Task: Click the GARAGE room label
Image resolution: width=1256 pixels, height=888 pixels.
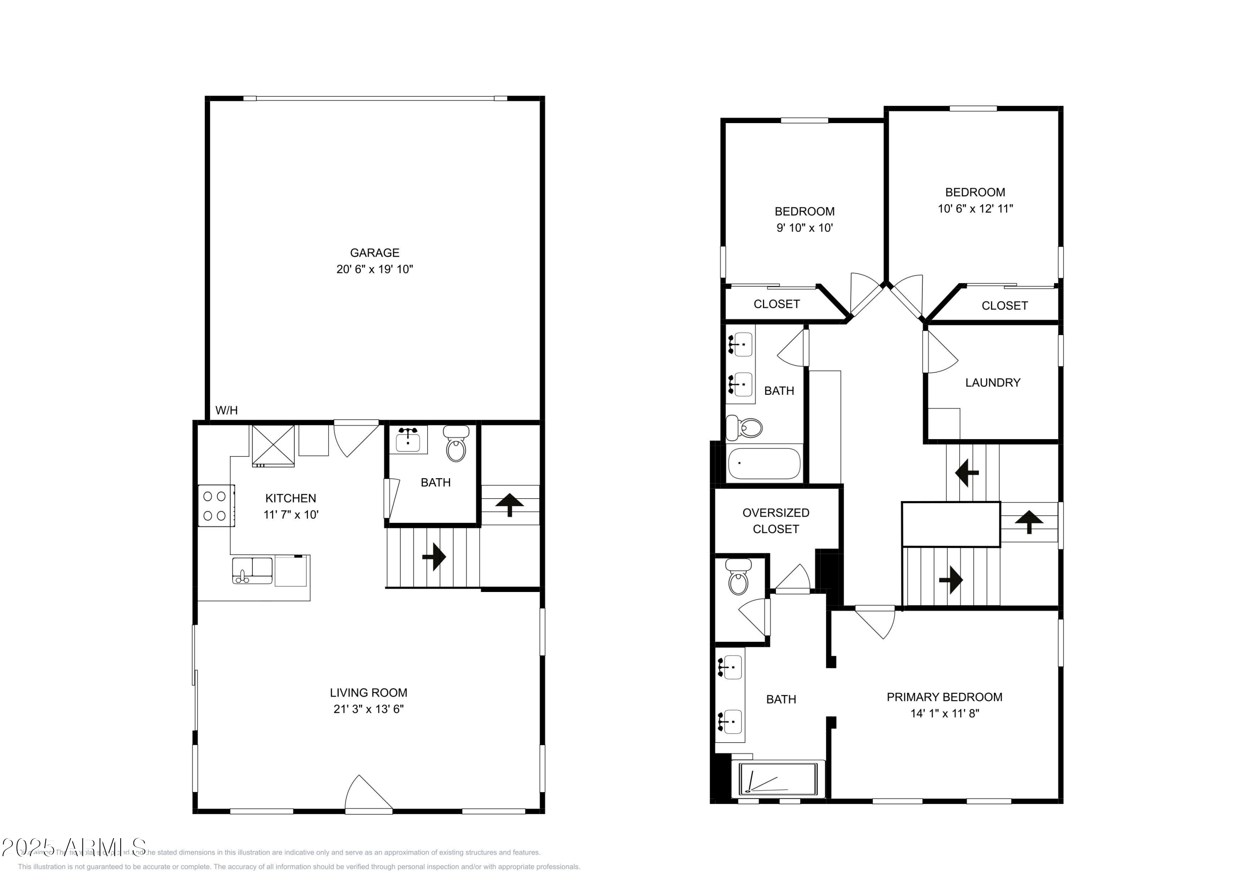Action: [374, 253]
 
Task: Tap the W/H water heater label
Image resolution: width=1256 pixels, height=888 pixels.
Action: [226, 410]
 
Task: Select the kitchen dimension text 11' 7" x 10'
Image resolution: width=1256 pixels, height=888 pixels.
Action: [291, 514]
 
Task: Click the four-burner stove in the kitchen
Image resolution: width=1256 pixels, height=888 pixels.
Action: [215, 506]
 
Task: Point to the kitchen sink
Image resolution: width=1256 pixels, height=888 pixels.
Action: [252, 570]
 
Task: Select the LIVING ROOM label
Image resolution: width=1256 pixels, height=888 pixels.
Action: [368, 692]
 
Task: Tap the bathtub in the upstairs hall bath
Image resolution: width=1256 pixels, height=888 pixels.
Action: [764, 463]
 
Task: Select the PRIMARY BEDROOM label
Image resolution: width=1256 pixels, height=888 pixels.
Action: [944, 697]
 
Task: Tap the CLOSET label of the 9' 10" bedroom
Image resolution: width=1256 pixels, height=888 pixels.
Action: [776, 304]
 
